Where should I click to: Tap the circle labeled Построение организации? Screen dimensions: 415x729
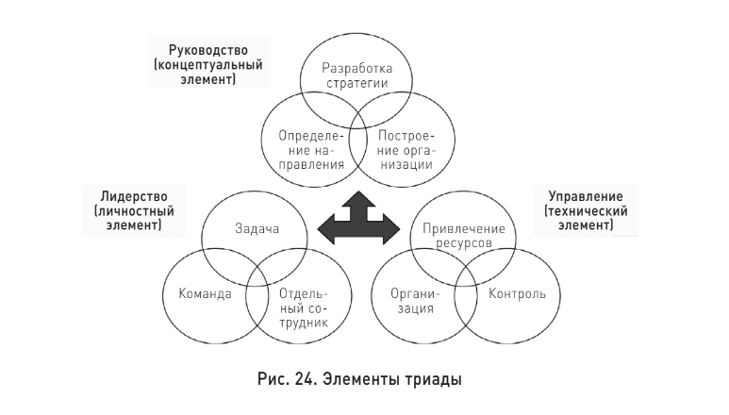pos(405,149)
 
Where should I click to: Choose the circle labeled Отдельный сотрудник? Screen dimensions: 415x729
pos(302,301)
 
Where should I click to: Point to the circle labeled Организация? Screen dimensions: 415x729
pos(412,300)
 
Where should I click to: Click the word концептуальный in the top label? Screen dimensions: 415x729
pos(209,65)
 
